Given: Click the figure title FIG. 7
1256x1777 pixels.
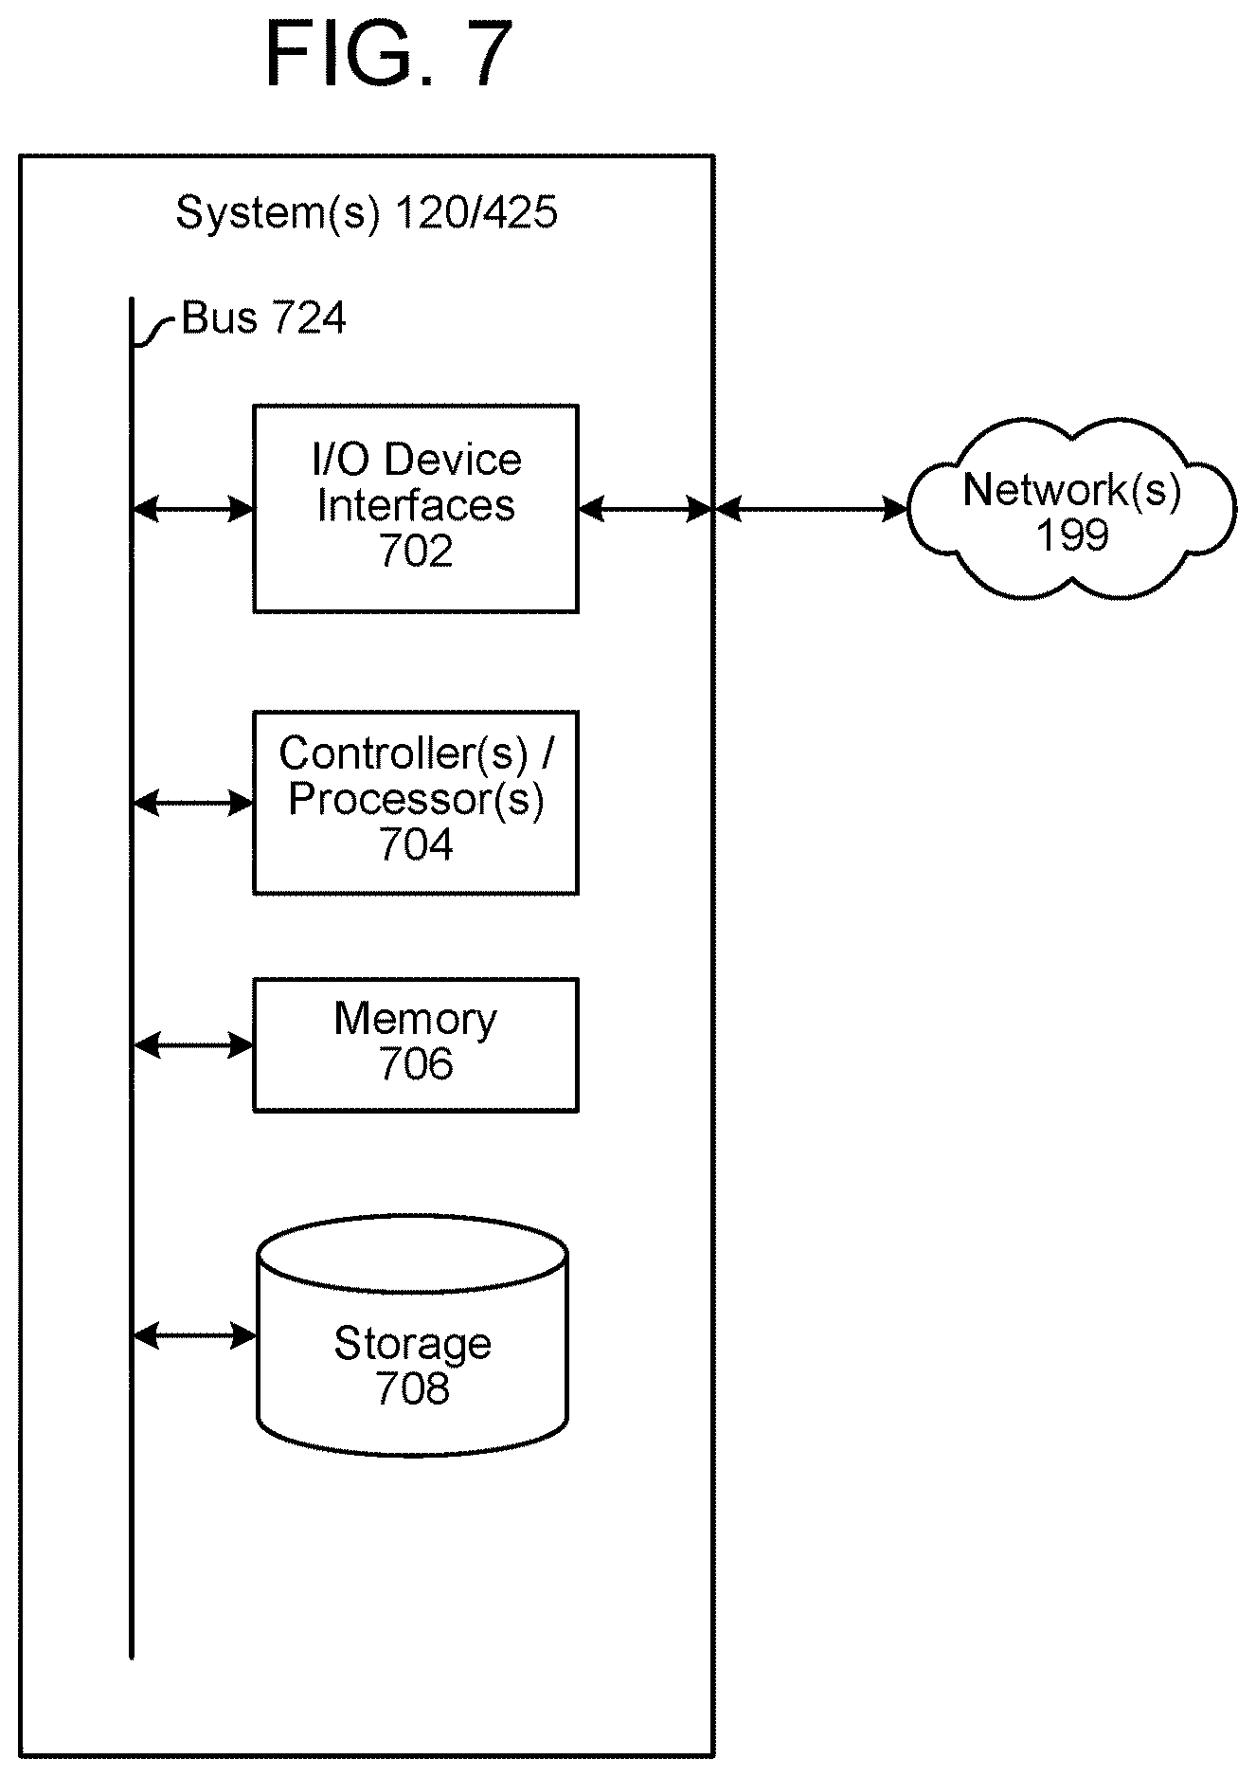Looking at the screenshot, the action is [x=389, y=54].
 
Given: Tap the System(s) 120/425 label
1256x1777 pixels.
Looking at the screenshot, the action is [x=367, y=212].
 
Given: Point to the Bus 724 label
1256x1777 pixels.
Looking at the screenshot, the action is [x=263, y=318].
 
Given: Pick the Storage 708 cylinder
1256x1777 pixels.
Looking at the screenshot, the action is [x=413, y=1336].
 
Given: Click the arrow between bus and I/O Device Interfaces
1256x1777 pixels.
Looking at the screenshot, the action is [x=193, y=510].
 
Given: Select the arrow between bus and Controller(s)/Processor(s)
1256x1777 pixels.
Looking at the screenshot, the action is [x=193, y=804].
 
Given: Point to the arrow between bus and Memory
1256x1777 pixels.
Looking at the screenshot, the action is [x=193, y=1045].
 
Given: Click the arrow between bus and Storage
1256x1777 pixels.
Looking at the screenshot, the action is [x=195, y=1336].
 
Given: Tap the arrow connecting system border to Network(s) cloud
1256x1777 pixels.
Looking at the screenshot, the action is [x=811, y=510].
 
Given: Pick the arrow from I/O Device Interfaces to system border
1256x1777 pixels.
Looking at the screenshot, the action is [x=645, y=510].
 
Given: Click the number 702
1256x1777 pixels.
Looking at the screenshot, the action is [x=416, y=552].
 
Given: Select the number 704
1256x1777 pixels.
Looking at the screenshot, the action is [x=416, y=844].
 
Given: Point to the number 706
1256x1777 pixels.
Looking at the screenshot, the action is [x=416, y=1064].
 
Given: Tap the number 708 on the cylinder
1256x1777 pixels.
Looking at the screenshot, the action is [x=413, y=1389].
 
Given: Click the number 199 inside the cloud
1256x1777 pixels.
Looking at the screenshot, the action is [x=1072, y=536].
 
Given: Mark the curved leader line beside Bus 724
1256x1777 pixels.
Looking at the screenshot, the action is [x=154, y=331].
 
